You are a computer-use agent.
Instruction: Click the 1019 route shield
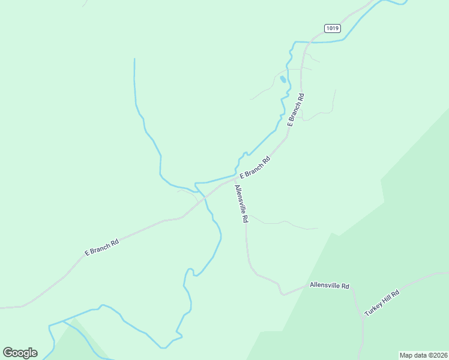point(332,28)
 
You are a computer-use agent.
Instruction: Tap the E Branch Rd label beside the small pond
point(296,109)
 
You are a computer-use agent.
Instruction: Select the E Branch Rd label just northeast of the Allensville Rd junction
point(255,167)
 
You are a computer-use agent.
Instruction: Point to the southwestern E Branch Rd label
point(101,247)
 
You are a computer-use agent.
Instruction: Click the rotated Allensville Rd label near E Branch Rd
point(241,204)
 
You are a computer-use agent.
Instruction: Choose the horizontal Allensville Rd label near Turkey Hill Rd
point(329,286)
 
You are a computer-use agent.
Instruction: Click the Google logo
point(20,353)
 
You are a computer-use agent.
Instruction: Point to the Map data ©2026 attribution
point(423,355)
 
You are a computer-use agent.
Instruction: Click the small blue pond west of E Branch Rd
point(283,79)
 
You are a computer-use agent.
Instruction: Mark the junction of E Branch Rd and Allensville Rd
point(234,179)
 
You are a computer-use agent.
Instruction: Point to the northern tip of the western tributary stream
point(134,59)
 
